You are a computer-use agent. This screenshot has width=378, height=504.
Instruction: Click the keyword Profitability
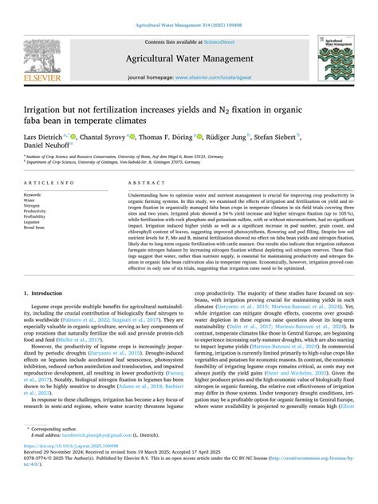35,216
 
